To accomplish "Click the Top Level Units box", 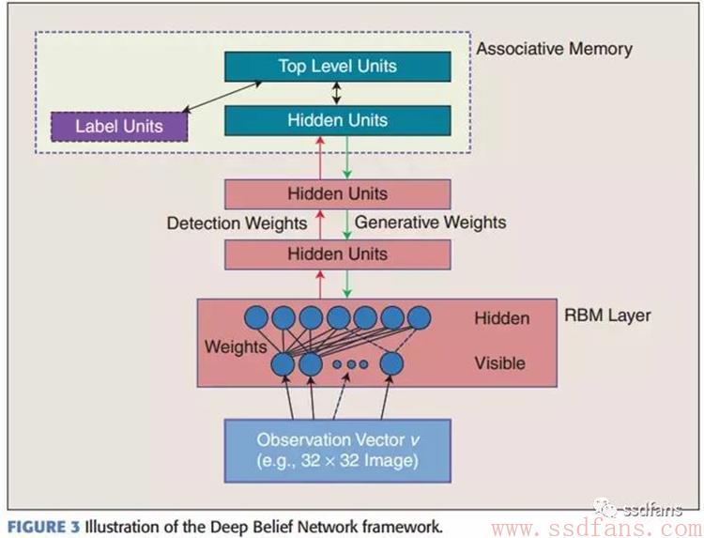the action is tap(338, 67).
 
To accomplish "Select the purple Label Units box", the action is tap(119, 127).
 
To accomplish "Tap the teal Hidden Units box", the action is tap(338, 120).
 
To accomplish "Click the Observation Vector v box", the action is tap(338, 451).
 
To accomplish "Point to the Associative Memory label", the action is tap(554, 49).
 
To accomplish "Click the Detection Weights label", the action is tap(237, 223).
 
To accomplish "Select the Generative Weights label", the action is tap(430, 223).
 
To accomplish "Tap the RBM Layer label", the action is tap(607, 315).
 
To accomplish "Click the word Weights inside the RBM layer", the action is tap(236, 347).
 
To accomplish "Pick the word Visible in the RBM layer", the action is tap(499, 362).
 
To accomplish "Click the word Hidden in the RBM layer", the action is tap(502, 318).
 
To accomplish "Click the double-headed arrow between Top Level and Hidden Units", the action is tap(336, 93).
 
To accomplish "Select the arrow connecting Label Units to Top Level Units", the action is tap(222, 97).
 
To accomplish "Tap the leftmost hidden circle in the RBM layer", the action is tap(256, 318).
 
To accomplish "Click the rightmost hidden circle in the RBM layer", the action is tap(419, 317).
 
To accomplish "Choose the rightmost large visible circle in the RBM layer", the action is tap(391, 363).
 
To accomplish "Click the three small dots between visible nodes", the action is tap(351, 364).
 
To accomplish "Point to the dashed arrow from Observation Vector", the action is tap(341, 396).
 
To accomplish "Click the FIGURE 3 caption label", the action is tap(43, 527).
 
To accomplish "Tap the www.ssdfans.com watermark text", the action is tap(597, 529).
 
